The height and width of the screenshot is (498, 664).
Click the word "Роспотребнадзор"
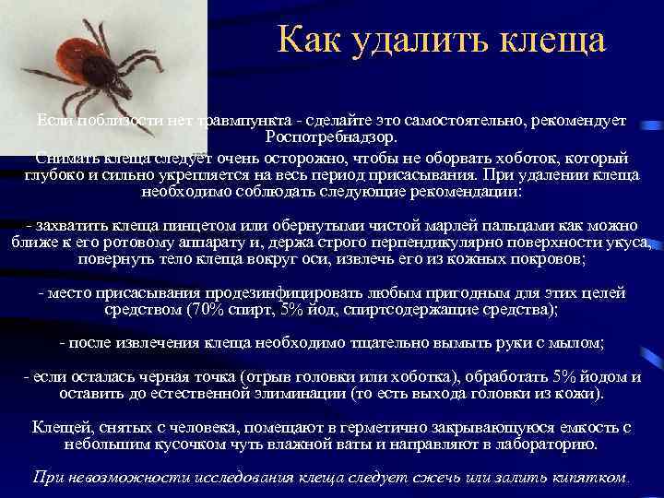(x=331, y=136)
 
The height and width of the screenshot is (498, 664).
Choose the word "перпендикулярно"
(x=398, y=243)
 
